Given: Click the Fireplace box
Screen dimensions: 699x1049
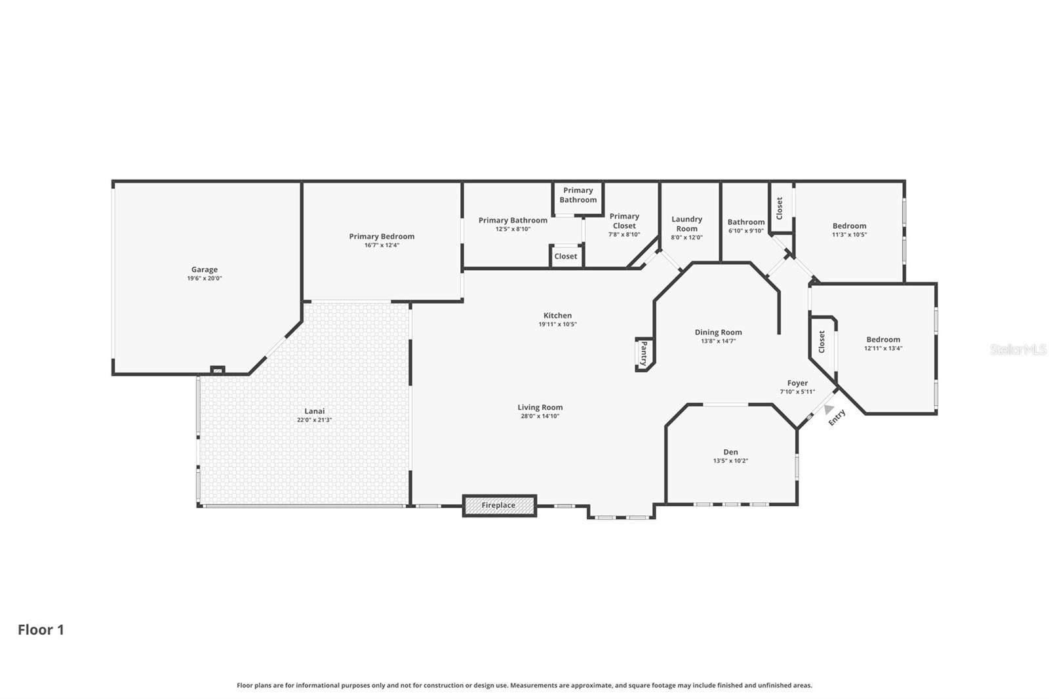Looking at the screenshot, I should pyautogui.click(x=499, y=506).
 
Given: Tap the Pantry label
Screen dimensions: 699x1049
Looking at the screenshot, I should pyautogui.click(x=644, y=353).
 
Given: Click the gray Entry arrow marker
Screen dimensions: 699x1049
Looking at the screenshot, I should pyautogui.click(x=829, y=409).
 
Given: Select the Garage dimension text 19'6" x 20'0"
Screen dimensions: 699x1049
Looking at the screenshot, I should pyautogui.click(x=205, y=279).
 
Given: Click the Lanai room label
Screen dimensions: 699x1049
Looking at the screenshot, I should pyautogui.click(x=314, y=411).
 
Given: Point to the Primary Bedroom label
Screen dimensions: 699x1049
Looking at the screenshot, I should pyautogui.click(x=382, y=236).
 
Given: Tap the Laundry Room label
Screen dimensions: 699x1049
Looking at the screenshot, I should pyautogui.click(x=686, y=224).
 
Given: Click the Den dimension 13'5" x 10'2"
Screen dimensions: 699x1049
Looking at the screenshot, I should pyautogui.click(x=730, y=461).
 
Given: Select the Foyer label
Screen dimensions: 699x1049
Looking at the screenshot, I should pyautogui.click(x=797, y=383).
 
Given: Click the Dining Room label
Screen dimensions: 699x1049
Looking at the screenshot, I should pyautogui.click(x=718, y=332).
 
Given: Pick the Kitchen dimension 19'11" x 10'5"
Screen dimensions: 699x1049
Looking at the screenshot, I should pyautogui.click(x=557, y=325).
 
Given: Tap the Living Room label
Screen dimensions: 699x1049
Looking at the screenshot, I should pyautogui.click(x=540, y=407).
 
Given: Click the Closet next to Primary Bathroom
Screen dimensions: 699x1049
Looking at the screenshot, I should pyautogui.click(x=566, y=256).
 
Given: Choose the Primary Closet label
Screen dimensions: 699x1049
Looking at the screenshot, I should pyautogui.click(x=623, y=220).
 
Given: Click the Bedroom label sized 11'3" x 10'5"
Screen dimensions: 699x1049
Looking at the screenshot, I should pyautogui.click(x=849, y=226).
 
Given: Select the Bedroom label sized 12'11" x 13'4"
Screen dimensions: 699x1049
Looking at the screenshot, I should pyautogui.click(x=883, y=340).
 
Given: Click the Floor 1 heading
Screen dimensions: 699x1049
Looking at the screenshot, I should pyautogui.click(x=41, y=629).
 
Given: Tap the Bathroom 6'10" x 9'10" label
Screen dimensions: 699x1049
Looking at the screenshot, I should pyautogui.click(x=745, y=222).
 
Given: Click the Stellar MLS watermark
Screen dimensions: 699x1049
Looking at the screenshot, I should pyautogui.click(x=1018, y=349).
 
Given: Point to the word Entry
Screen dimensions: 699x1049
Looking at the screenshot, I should pyautogui.click(x=837, y=417).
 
